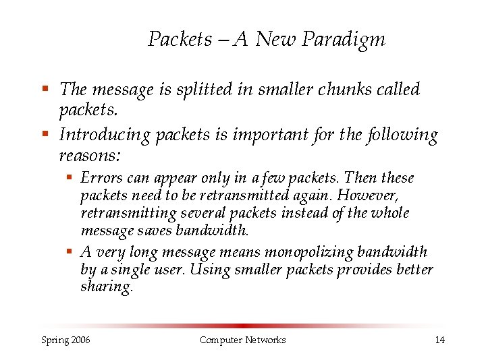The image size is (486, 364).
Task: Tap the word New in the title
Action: (x=276, y=40)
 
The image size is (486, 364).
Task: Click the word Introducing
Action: (x=105, y=135)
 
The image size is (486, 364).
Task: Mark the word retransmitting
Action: (x=128, y=214)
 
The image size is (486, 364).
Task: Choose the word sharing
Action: (x=107, y=286)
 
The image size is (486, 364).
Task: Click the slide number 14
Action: (x=439, y=340)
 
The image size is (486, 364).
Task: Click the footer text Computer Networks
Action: (x=242, y=340)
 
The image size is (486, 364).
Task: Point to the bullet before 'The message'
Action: (x=45, y=89)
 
